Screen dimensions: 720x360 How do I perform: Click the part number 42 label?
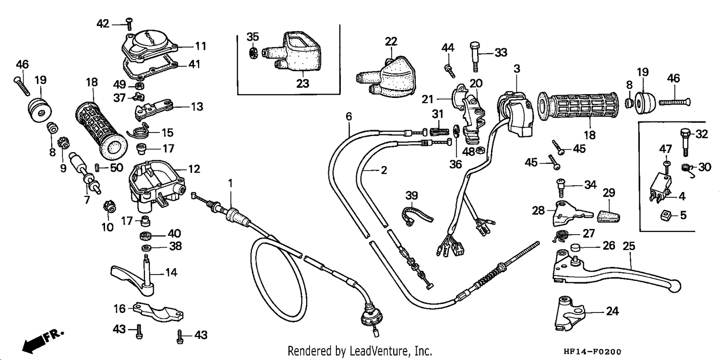point(103,24)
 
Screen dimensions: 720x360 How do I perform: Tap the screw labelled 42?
point(129,24)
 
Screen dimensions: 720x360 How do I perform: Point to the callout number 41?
point(194,64)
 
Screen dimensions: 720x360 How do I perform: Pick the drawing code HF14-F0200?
point(592,351)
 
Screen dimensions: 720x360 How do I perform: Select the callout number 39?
point(411,195)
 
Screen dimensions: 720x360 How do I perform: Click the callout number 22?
point(391,41)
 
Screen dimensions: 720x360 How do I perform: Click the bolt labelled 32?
point(685,142)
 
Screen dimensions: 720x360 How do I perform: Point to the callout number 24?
point(612,311)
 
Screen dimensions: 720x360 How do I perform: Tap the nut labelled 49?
point(140,86)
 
